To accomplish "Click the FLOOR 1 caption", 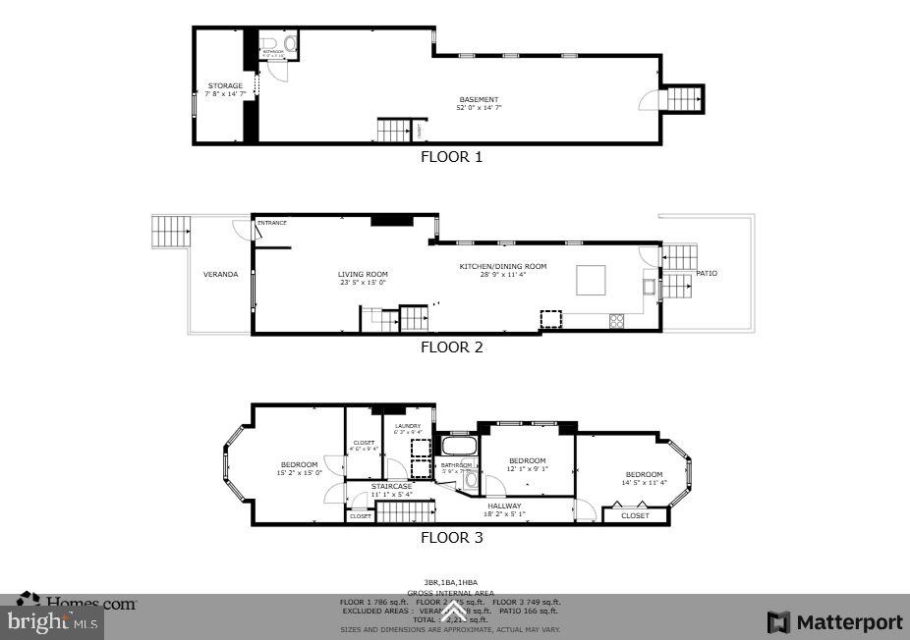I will [451, 157].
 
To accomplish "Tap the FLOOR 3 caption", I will [451, 538].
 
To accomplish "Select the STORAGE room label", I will [225, 86].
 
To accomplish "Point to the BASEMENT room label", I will [479, 99].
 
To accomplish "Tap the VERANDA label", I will [220, 275].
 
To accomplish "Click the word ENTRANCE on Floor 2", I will [272, 223].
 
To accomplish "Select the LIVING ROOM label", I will [363, 275].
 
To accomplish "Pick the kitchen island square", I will [591, 279].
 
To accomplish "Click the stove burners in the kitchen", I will [618, 320].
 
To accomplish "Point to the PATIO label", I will [707, 273].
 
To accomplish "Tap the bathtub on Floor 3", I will [458, 446].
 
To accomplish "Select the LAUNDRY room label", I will [407, 425].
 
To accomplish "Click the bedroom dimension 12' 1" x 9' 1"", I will [528, 469].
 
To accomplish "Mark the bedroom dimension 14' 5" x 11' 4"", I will [644, 483].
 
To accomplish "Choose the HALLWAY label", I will [503, 506].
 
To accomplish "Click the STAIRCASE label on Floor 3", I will [391, 486].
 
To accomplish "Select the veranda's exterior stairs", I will [171, 232].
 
